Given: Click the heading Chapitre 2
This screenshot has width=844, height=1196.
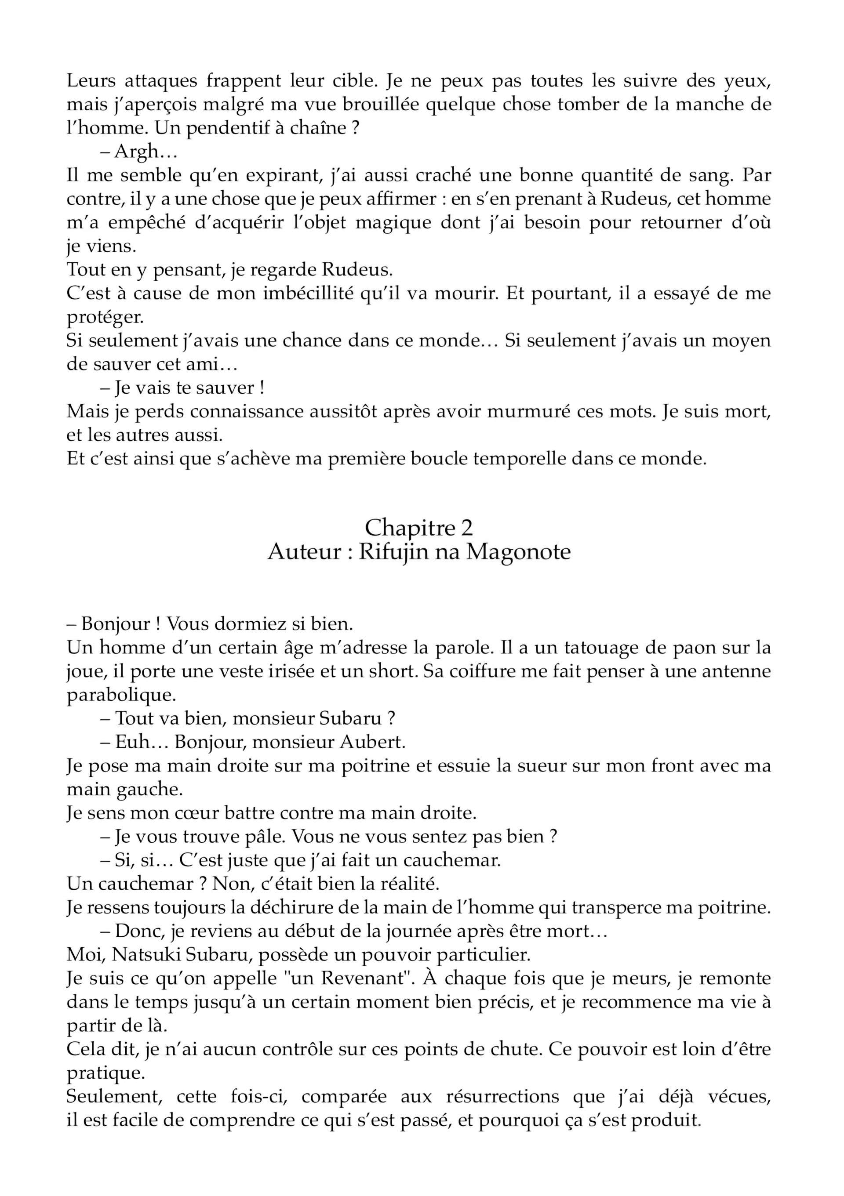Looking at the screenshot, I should [419, 528].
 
